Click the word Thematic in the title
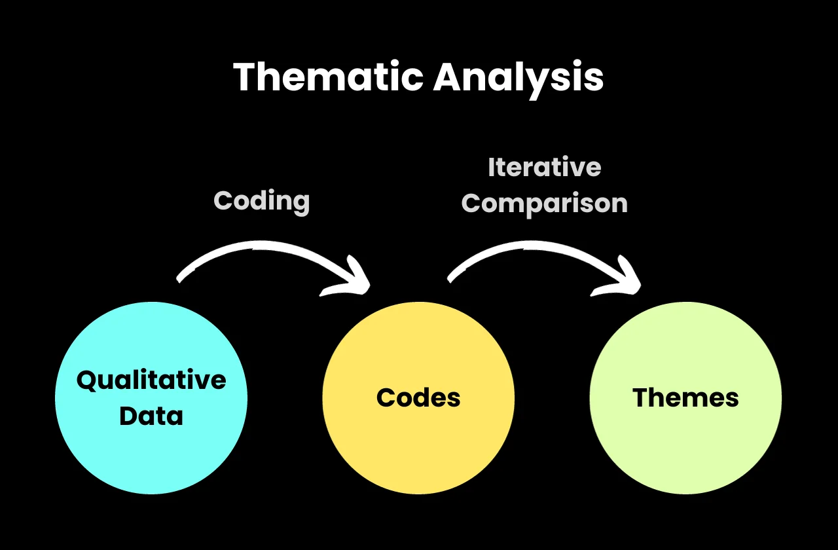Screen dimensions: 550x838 328,77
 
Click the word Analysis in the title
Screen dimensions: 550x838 518,79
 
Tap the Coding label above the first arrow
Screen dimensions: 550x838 262,200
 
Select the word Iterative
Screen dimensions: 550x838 544,168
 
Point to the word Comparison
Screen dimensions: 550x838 544,203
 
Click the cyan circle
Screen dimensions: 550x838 151,445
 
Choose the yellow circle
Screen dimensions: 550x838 418,445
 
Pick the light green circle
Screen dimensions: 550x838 685,445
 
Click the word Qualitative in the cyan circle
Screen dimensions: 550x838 151,380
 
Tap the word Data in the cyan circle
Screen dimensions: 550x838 151,416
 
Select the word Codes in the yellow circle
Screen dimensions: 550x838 418,397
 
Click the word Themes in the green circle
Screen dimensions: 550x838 685,397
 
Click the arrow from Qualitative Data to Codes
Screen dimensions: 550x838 268,251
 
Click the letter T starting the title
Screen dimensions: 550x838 246,77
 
